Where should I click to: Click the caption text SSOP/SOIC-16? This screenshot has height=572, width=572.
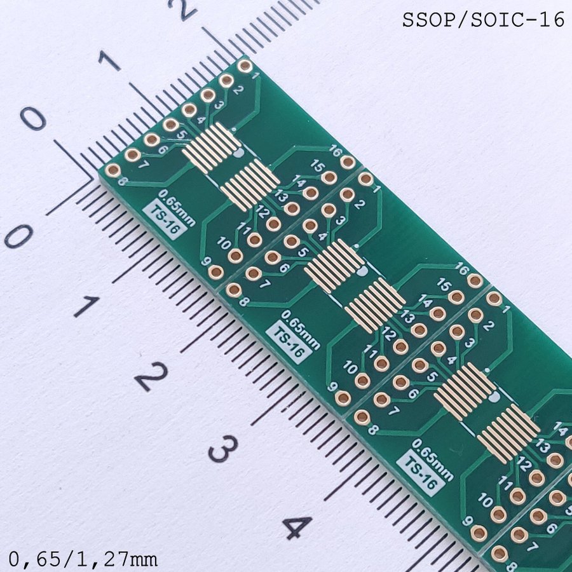[484, 20]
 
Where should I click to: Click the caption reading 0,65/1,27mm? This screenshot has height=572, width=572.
[83, 559]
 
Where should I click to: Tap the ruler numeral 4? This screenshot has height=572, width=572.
[297, 528]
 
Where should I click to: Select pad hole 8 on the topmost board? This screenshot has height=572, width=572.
[112, 170]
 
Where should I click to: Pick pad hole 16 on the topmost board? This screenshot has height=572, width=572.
[347, 162]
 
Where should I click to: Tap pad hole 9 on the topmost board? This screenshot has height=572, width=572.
[216, 271]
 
